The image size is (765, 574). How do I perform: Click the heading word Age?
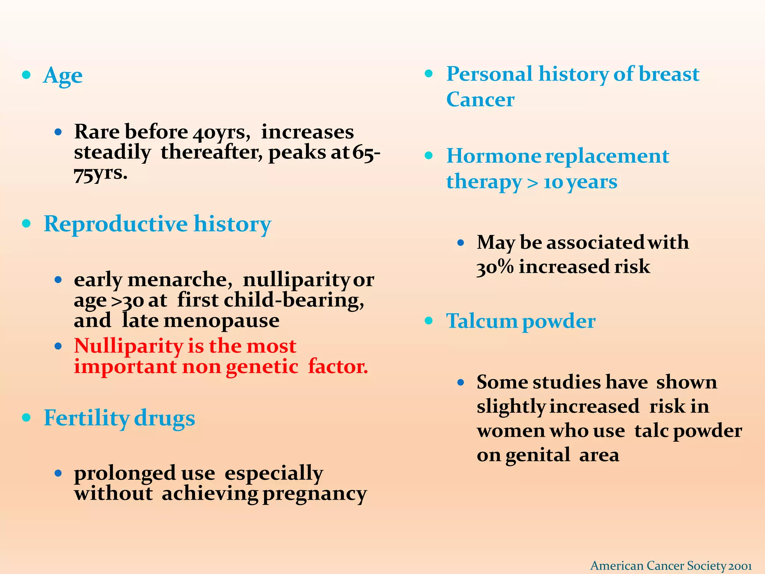[x=63, y=76]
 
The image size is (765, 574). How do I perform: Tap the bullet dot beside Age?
[x=26, y=75]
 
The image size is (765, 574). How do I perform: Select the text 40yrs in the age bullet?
[x=219, y=132]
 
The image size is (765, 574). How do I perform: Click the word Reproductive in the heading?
[x=115, y=224]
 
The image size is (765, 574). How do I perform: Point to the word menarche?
[x=177, y=280]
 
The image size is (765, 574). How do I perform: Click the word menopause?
[x=221, y=321]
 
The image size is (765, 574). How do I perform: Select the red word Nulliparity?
[x=128, y=346]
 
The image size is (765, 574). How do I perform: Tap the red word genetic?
[x=262, y=367]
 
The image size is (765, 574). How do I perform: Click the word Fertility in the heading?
[x=86, y=418]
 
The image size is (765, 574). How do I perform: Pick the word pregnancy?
[x=315, y=494]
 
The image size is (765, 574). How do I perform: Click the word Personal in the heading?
[x=489, y=74]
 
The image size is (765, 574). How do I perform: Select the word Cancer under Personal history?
[x=480, y=99]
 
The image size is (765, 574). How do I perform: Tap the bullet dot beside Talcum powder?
[x=429, y=321]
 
